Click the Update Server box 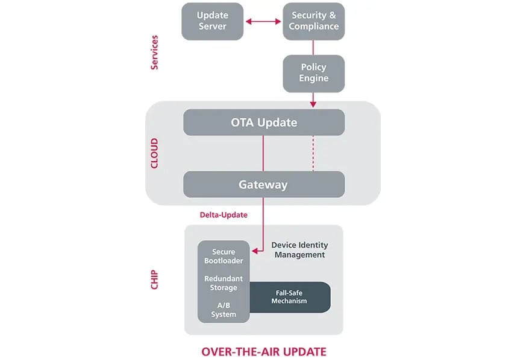212,22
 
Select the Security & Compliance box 313,22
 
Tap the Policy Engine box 313,74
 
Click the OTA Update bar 264,122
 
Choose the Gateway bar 264,185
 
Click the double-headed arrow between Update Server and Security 263,22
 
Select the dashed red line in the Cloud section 313,153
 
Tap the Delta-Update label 224,215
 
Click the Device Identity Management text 299,250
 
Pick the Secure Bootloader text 224,256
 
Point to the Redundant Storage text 224,284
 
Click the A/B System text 224,310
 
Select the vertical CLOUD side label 154,153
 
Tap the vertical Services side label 154,52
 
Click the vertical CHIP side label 154,279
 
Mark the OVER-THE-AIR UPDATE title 264,352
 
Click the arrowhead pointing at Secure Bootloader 255,250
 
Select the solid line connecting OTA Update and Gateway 263,153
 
